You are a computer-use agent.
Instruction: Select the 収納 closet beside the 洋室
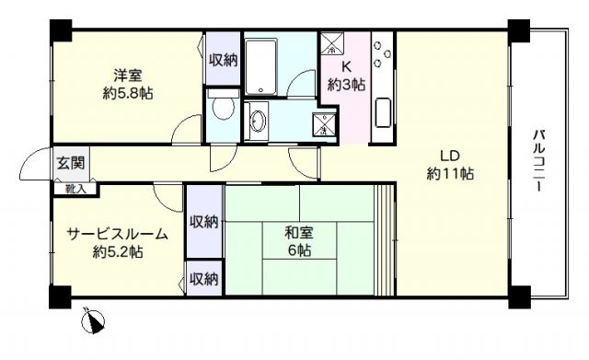223,61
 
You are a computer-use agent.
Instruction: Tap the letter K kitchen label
346,66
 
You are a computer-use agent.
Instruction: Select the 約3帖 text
347,85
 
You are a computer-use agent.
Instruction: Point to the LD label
448,155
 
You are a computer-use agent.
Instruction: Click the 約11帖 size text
449,173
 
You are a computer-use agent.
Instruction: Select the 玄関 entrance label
69,163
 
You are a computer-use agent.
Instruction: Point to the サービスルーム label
116,235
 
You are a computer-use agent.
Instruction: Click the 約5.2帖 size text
116,252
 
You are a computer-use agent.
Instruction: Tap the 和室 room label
296,233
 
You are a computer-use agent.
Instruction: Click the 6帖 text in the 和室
297,250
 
